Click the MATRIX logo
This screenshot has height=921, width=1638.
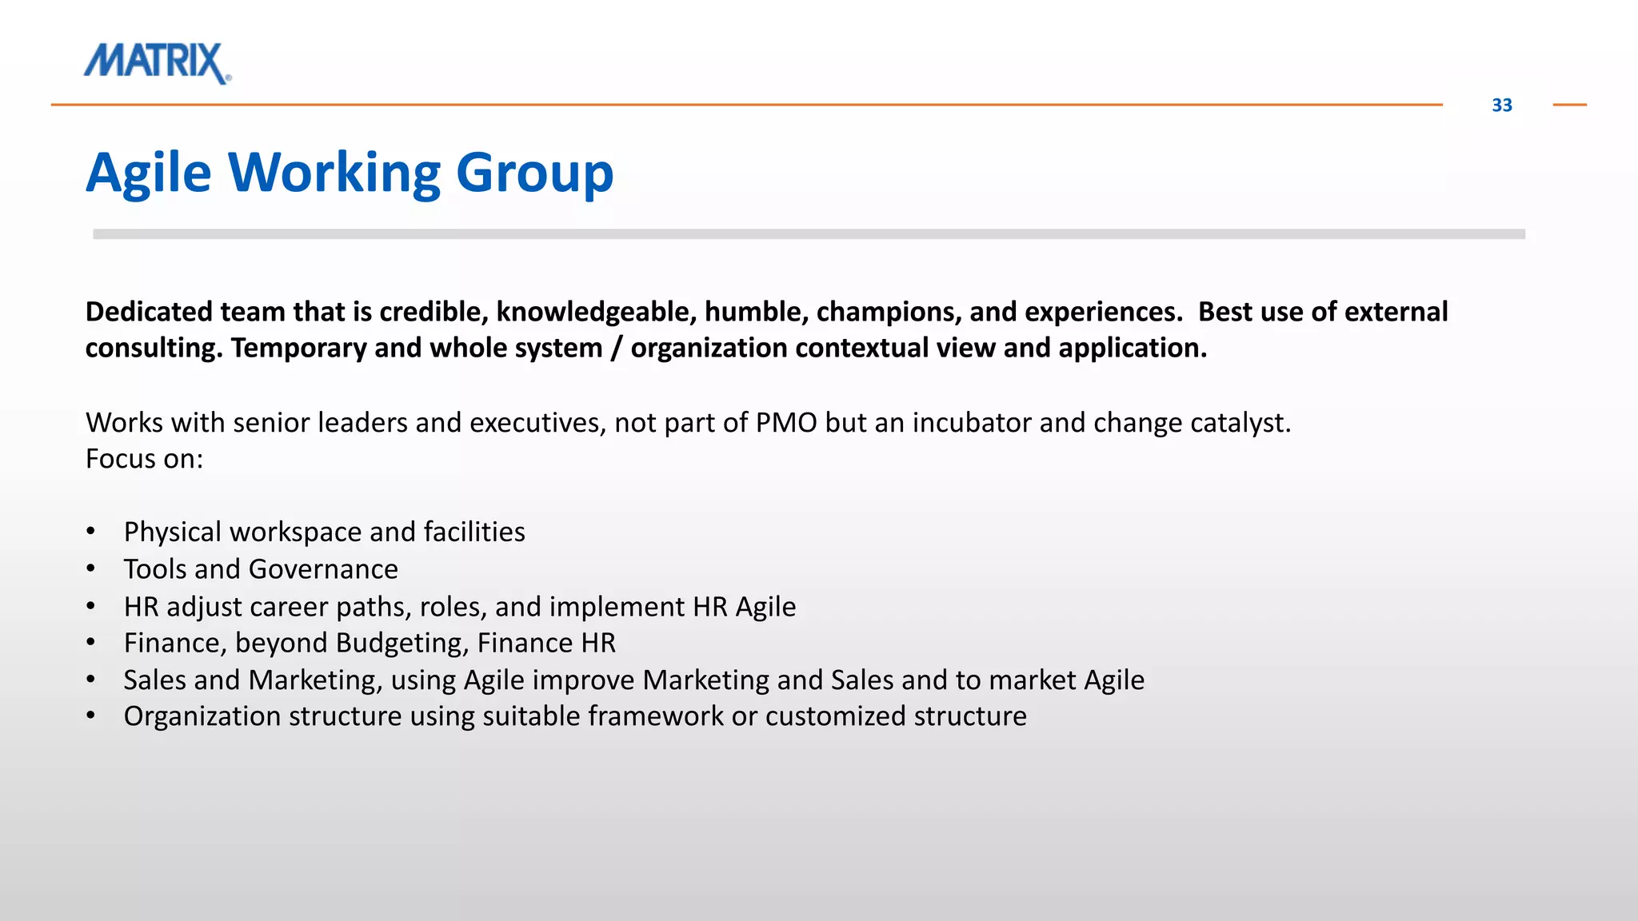point(158,62)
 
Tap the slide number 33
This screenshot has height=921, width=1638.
point(1501,106)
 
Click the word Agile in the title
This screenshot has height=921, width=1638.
point(148,173)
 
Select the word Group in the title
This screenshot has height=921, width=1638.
point(534,173)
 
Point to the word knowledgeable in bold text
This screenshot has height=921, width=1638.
point(596,312)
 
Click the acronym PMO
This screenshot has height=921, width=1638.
point(785,423)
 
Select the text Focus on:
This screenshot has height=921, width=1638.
point(145,459)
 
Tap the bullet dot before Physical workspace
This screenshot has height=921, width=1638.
point(91,532)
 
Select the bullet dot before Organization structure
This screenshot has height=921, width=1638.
point(91,716)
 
